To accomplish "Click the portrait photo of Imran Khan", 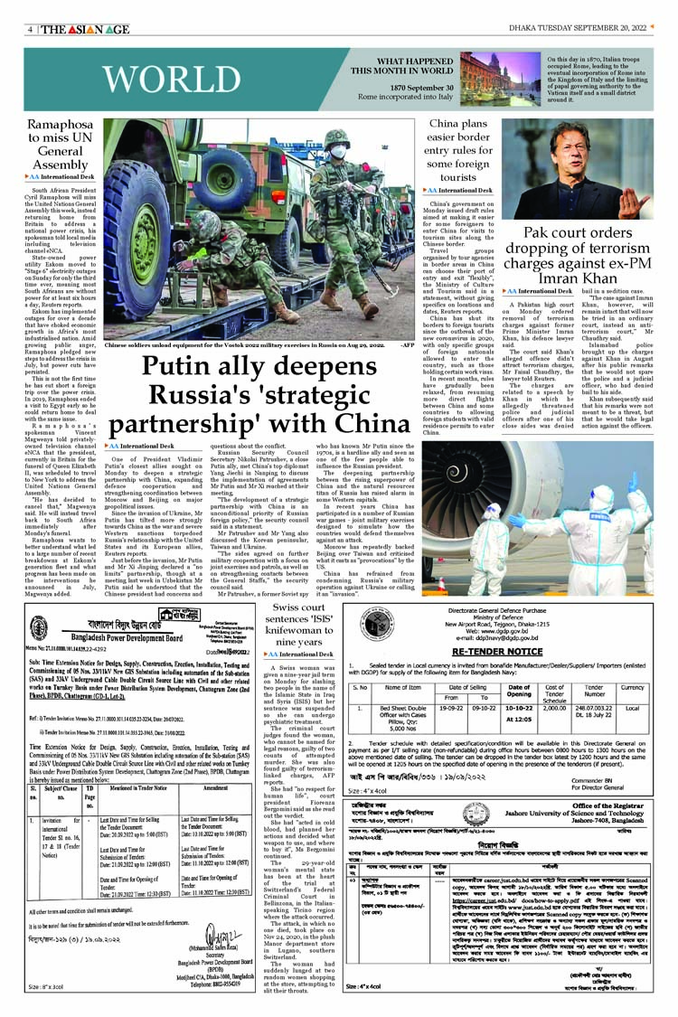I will tap(578, 168).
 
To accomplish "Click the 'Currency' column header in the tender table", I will tap(633, 688).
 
